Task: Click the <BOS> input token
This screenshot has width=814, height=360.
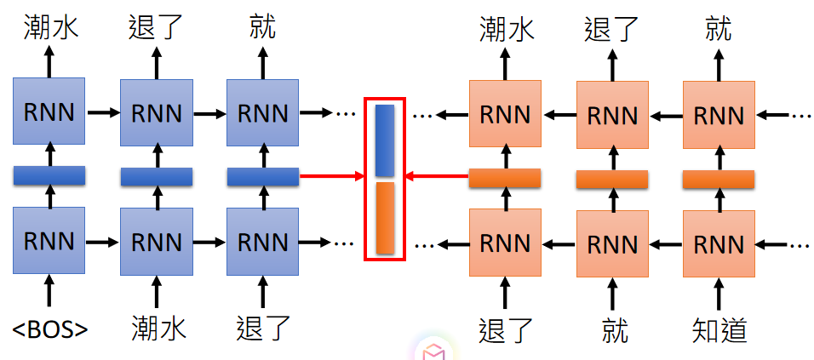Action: pos(49,329)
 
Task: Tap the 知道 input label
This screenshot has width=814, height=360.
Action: pos(719,329)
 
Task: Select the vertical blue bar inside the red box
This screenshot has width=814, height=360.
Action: pos(385,140)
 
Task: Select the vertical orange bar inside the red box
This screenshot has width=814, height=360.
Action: pos(385,218)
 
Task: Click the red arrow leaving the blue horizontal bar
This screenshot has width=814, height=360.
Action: pos(332,177)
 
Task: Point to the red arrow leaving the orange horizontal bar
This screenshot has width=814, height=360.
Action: pos(437,177)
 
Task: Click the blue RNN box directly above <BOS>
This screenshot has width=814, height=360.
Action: pos(49,242)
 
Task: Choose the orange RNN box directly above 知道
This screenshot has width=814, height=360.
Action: pos(719,243)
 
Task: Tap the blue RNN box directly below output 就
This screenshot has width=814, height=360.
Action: pos(262,111)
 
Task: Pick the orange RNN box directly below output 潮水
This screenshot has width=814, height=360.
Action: pos(506,112)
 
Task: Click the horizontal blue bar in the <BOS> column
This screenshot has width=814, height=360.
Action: pos(49,176)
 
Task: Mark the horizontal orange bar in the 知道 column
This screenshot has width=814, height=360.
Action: pos(719,179)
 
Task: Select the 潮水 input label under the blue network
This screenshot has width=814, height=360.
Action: pos(157,328)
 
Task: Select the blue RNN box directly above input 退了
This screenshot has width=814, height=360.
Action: pos(262,242)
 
